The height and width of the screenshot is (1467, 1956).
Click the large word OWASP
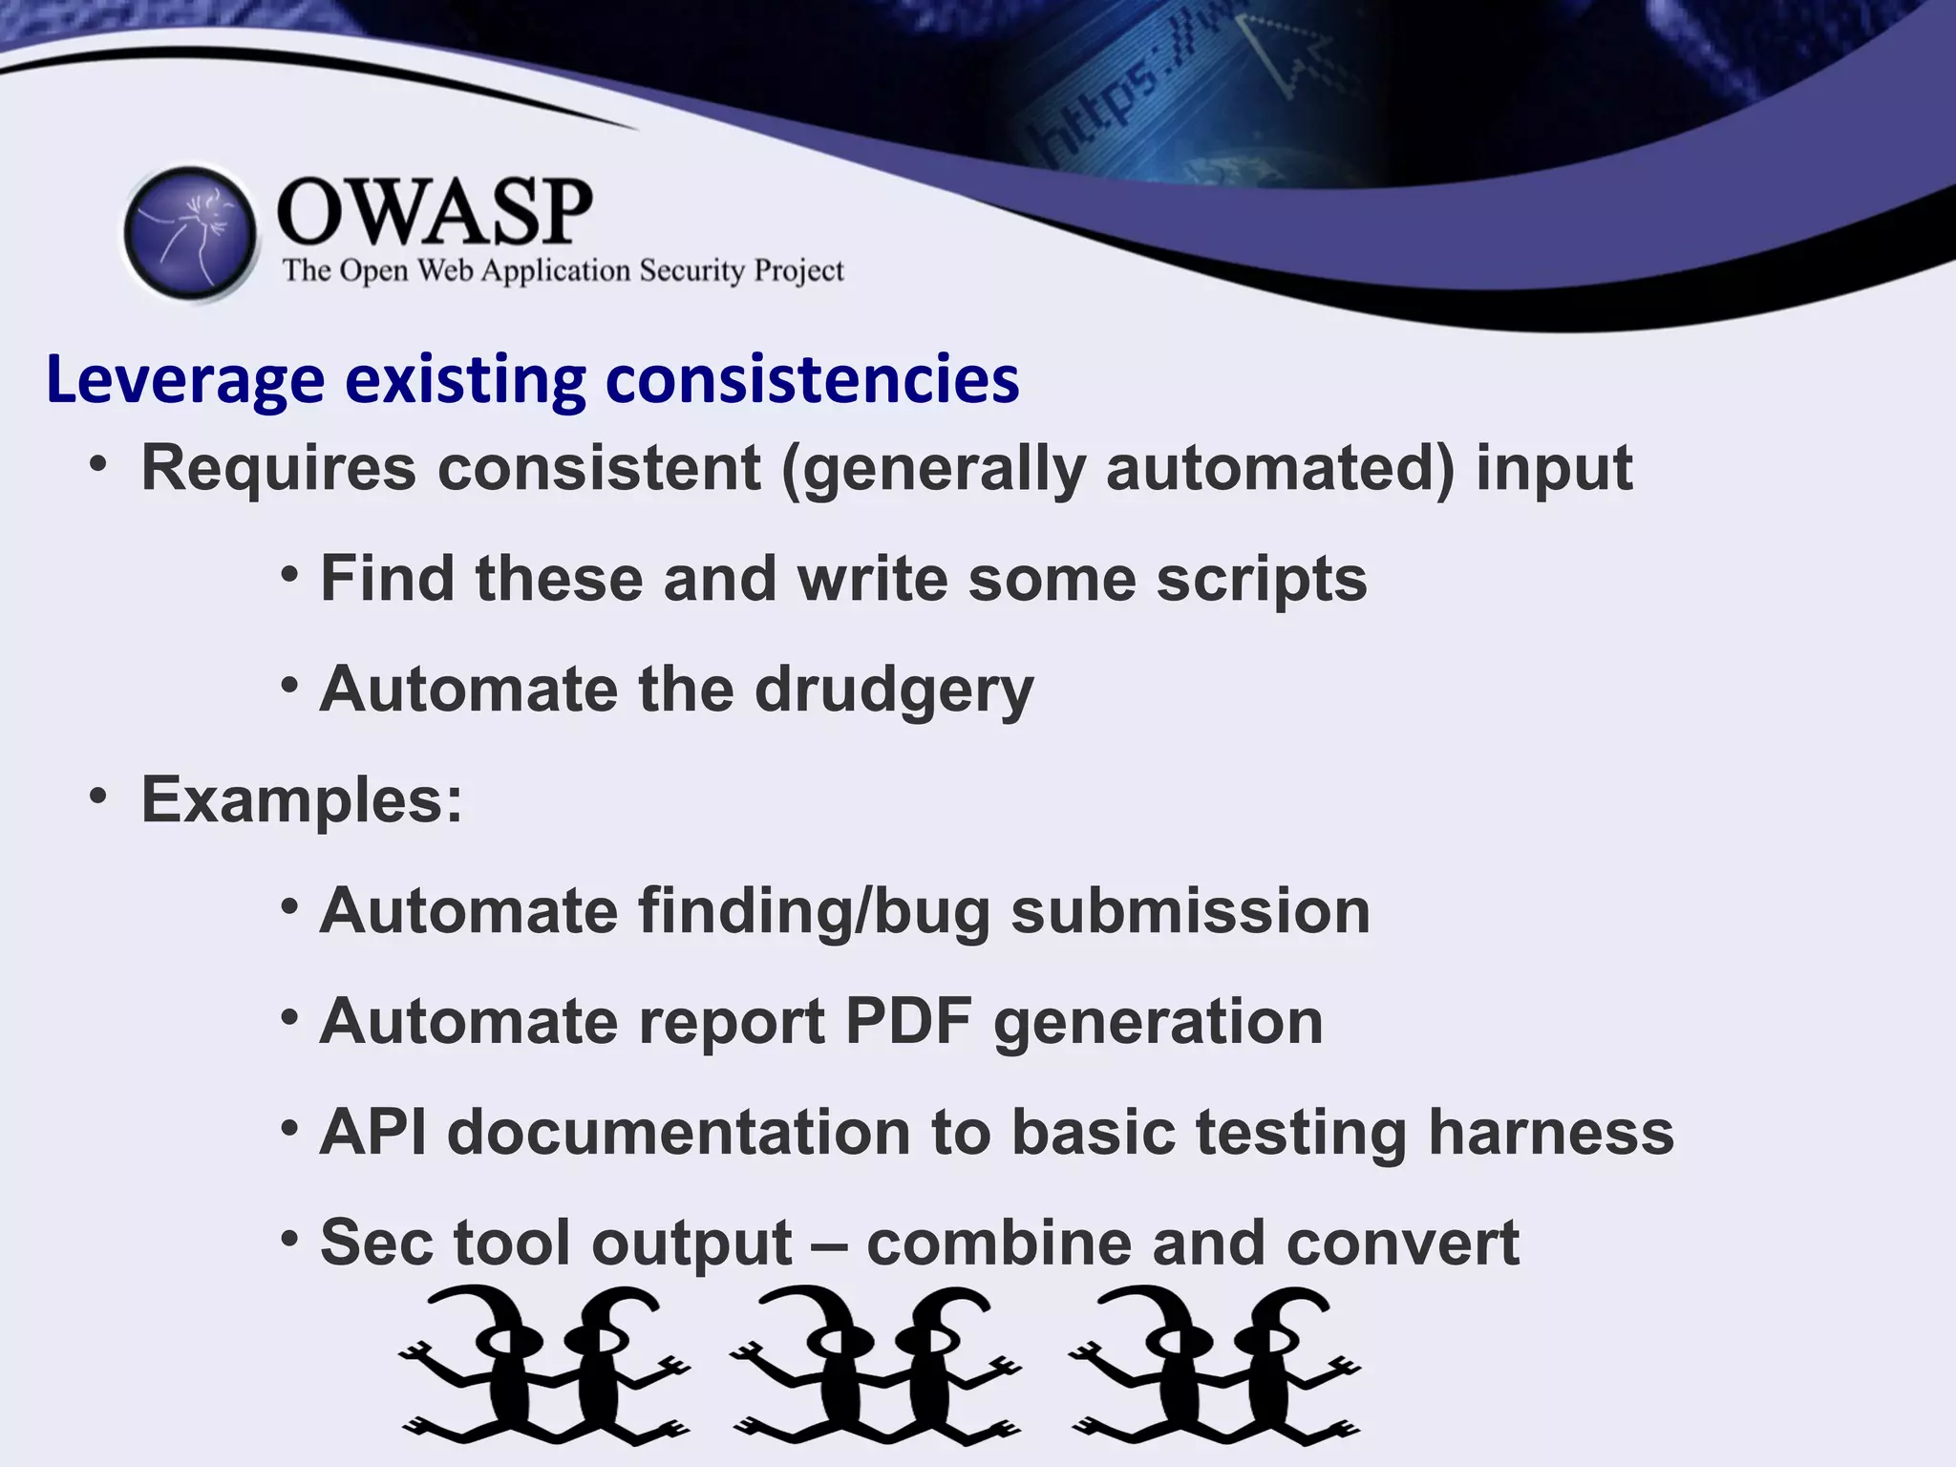coord(435,212)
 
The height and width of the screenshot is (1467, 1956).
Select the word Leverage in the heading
coord(185,380)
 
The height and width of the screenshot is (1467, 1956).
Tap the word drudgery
coord(894,690)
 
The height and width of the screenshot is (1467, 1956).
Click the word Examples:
coord(302,799)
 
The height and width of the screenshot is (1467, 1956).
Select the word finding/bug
coord(814,911)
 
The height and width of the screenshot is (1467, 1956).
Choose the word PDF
coord(908,1021)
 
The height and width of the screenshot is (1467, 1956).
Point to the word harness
coord(1550,1132)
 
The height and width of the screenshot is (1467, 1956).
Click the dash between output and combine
coord(829,1244)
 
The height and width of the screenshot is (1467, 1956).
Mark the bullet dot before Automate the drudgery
coord(290,685)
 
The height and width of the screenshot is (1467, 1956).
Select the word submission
coord(1190,911)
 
